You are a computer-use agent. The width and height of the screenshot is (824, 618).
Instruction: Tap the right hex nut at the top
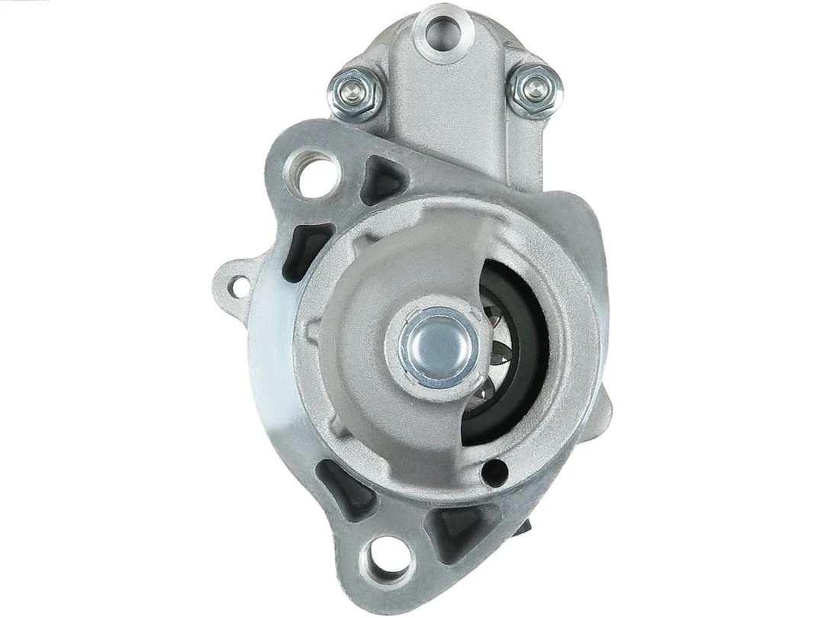pyautogui.click(x=533, y=89)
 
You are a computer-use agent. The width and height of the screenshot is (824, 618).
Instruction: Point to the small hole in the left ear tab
pyautogui.click(x=240, y=287)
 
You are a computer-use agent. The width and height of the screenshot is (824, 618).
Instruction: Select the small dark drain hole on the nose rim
pyautogui.click(x=494, y=471)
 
